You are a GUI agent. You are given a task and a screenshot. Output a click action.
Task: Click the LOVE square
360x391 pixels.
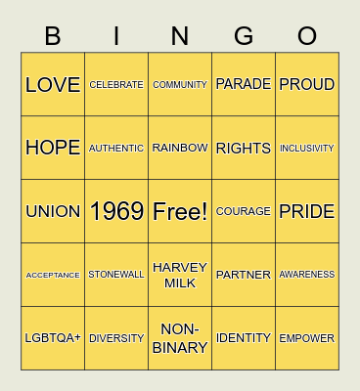[x=53, y=85]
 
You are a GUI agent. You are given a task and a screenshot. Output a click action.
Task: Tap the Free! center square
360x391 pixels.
[x=180, y=211]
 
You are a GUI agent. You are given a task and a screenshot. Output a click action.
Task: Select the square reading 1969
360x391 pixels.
[x=116, y=211]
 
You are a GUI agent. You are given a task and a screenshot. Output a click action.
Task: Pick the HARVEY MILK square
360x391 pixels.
[x=180, y=275]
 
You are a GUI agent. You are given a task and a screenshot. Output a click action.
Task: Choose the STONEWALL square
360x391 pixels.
[x=116, y=275]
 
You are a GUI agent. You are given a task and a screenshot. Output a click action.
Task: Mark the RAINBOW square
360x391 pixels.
[x=180, y=148]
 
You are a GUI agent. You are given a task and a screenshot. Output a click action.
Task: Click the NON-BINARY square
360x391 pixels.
[x=180, y=338]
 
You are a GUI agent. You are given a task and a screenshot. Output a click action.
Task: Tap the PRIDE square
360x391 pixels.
[x=307, y=211]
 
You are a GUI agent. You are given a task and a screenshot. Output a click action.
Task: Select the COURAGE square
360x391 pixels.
[x=244, y=211]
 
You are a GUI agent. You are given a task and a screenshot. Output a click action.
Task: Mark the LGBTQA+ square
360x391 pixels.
[x=53, y=338]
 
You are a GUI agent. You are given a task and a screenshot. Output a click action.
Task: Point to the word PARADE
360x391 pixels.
[x=244, y=84]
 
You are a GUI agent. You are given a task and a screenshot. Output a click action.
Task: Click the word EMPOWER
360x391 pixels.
[x=307, y=338]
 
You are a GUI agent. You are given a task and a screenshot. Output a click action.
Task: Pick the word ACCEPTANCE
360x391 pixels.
[x=53, y=275]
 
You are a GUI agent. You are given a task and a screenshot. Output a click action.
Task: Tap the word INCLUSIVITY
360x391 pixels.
[x=307, y=149]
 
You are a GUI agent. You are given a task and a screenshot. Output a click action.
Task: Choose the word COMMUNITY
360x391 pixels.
[x=180, y=85]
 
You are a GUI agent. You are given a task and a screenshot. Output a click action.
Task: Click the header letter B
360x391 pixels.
[x=53, y=36]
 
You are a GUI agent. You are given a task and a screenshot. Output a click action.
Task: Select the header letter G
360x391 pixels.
[x=244, y=36]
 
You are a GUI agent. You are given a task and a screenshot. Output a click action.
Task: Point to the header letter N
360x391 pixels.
[x=180, y=36]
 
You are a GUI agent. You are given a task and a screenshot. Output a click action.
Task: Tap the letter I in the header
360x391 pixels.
[x=116, y=36]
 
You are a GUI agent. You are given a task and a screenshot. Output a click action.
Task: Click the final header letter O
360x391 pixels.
[x=307, y=36]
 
